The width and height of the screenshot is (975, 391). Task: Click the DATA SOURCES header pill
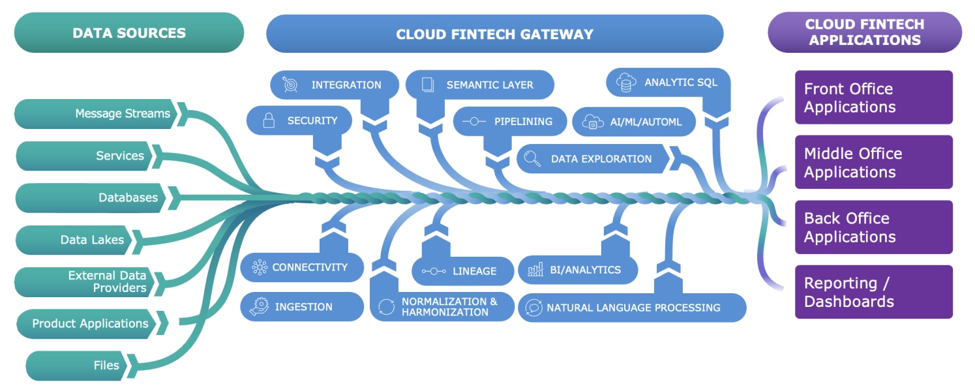click(128, 33)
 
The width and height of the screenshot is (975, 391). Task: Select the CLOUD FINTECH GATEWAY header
click(494, 34)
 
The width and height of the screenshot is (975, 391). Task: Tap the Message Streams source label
click(122, 113)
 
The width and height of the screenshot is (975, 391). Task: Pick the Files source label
click(106, 365)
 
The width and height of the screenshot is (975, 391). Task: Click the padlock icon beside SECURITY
click(268, 121)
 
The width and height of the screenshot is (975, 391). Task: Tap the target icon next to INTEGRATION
click(290, 85)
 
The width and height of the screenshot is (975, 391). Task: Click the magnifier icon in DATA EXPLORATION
click(533, 158)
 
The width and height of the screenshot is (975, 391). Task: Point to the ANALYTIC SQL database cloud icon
click(626, 83)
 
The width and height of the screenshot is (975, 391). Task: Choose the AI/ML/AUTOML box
click(633, 122)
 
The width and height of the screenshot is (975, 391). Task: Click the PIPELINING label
click(523, 121)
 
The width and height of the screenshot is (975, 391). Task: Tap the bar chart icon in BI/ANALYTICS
click(535, 269)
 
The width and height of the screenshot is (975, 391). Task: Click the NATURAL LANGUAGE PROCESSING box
click(631, 308)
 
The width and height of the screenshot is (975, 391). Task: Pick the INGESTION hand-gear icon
click(259, 306)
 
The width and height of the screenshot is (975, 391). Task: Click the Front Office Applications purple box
click(873, 98)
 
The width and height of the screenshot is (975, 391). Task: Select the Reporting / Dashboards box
click(873, 292)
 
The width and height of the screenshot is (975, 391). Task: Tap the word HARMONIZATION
click(445, 312)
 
